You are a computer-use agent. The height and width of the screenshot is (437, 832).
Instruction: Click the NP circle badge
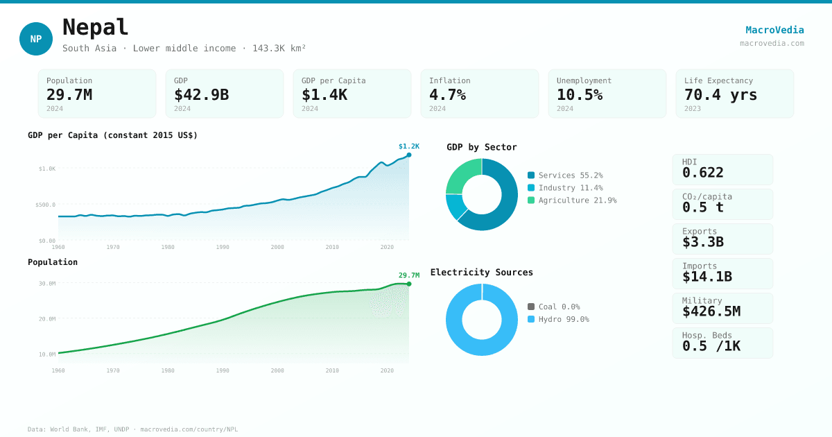click(36, 39)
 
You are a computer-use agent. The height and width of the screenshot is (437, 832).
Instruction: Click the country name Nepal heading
click(96, 28)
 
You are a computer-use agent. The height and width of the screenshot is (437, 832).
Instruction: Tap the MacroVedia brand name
click(774, 30)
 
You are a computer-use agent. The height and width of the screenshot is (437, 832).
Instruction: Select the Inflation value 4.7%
click(447, 94)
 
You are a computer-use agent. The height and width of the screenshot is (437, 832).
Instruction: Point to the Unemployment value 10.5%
click(580, 94)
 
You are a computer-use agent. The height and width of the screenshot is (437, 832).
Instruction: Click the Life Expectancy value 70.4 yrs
click(720, 94)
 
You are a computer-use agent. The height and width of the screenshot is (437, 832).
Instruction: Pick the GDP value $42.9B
click(201, 94)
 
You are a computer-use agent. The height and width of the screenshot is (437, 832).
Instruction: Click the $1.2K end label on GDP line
click(409, 146)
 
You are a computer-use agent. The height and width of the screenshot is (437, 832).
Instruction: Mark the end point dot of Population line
click(409, 284)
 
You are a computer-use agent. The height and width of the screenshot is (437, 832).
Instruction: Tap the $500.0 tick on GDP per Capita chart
click(46, 205)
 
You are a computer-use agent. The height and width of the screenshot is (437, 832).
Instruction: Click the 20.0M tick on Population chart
click(47, 319)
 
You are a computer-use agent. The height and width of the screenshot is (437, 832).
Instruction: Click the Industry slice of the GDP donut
click(455, 206)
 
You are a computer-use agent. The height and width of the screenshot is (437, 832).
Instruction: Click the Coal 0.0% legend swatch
click(531, 307)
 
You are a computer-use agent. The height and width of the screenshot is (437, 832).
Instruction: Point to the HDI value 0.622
click(702, 173)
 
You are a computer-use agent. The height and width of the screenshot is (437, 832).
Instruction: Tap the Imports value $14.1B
click(707, 277)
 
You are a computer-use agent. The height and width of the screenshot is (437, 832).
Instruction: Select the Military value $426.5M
click(711, 311)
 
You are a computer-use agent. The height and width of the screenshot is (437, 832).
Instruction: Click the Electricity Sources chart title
click(482, 273)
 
